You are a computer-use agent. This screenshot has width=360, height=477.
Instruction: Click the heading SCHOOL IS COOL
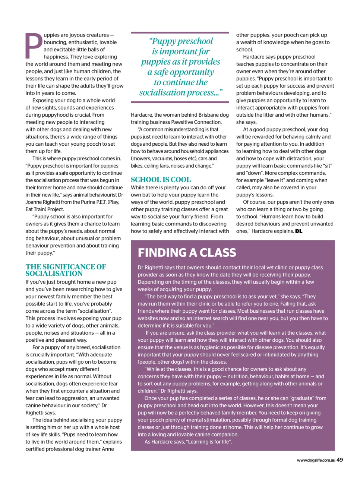[x=161, y=180]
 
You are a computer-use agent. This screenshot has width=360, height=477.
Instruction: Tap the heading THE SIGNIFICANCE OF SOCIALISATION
[x=66, y=270]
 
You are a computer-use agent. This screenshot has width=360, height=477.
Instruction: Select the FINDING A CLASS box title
[x=187, y=253]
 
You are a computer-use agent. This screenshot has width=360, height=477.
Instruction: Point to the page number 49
[x=340, y=460]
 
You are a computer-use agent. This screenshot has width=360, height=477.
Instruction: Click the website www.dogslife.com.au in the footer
[x=316, y=461]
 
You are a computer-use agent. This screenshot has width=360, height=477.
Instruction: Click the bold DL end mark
[x=299, y=231]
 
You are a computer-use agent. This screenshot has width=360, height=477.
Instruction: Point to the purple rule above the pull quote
[x=180, y=32]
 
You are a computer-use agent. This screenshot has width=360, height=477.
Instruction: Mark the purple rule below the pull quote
[x=180, y=102]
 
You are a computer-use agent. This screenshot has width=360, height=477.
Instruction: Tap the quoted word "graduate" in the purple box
[x=301, y=398]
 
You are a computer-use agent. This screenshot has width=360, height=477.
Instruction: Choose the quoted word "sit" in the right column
[x=326, y=166]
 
